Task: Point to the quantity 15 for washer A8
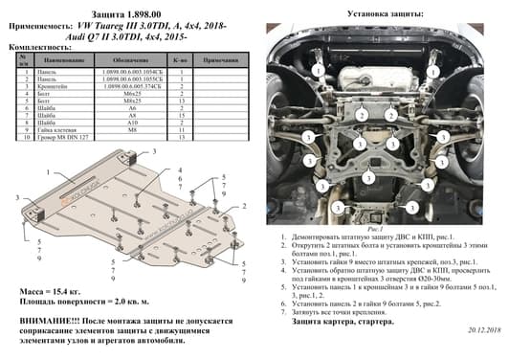[180, 114]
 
